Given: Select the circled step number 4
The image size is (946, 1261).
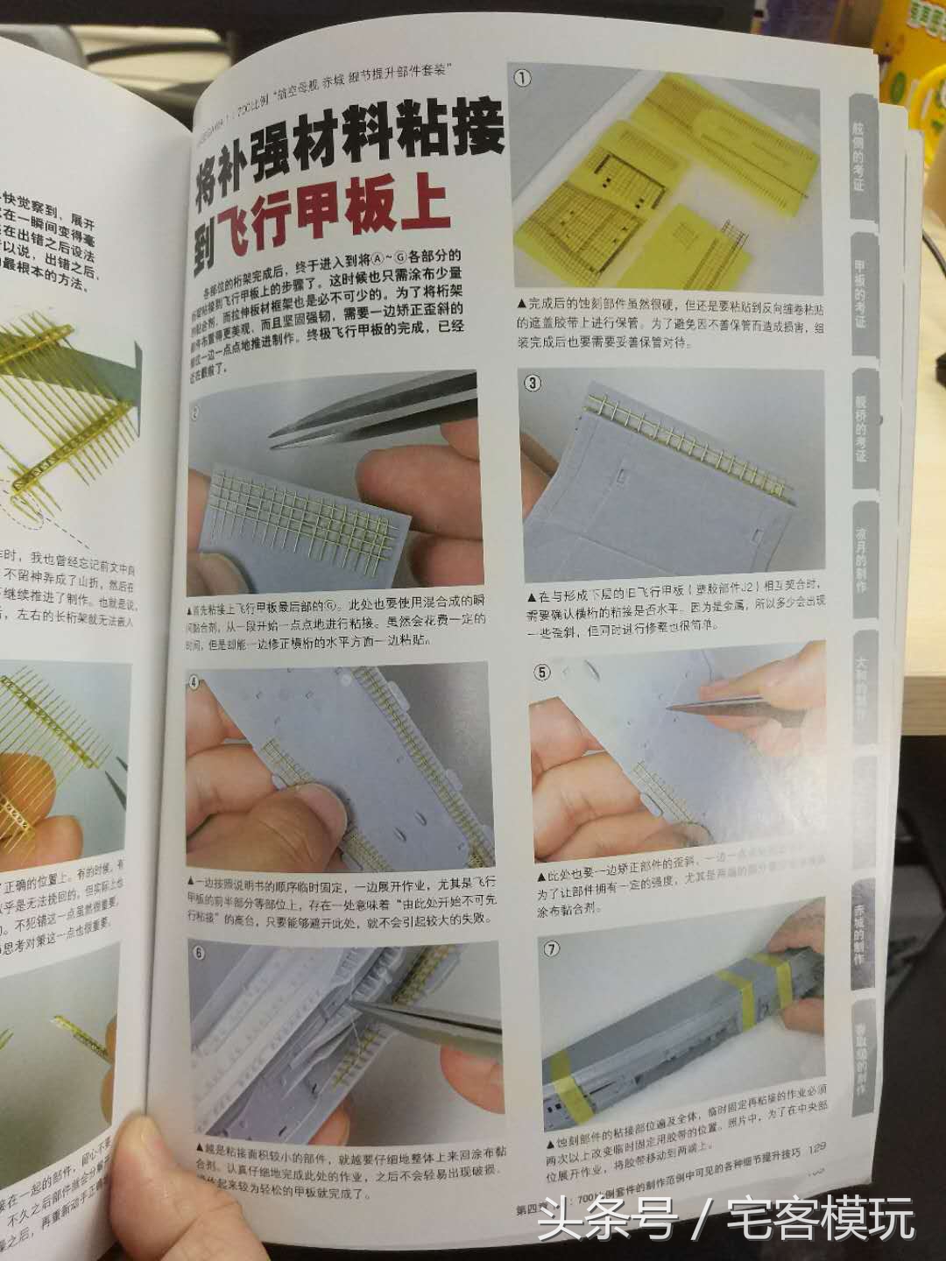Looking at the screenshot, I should click(195, 681).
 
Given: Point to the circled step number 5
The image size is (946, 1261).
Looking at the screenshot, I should click(543, 673).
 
